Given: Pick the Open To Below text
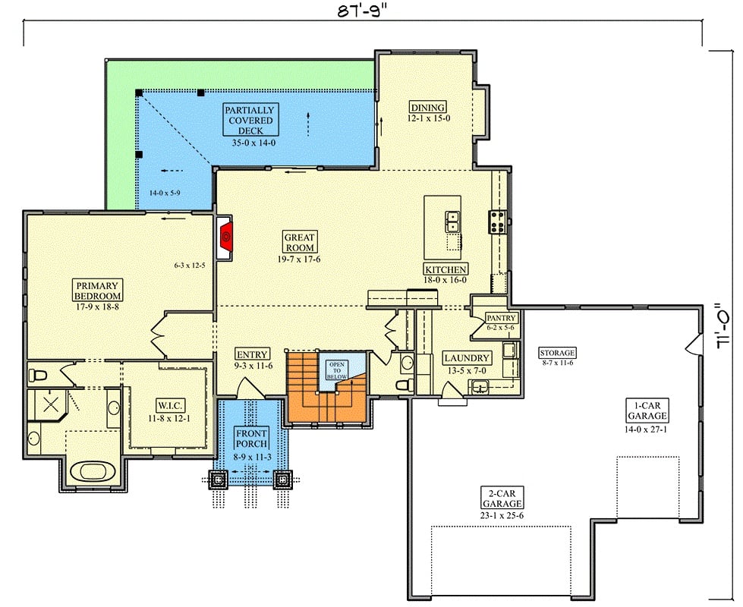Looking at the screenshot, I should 335,370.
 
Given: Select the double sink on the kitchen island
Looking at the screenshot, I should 452,221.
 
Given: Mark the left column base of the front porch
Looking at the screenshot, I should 218,479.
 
